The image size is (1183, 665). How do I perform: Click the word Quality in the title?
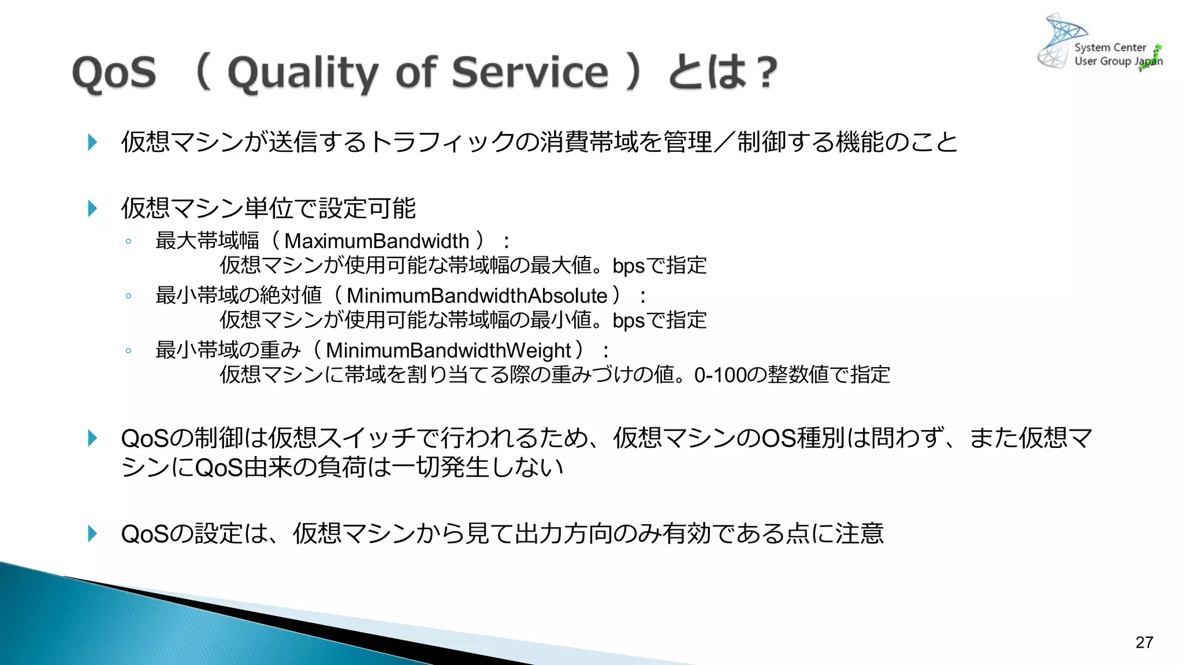coord(303,73)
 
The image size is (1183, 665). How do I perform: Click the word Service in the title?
coord(530,73)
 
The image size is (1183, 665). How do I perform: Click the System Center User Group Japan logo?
coord(1100,44)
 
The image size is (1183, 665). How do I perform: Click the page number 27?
coord(1144,642)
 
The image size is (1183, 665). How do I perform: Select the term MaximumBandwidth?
coord(377,241)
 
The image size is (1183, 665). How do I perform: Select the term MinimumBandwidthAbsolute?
coord(477,296)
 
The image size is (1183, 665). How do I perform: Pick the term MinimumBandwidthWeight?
coord(448,350)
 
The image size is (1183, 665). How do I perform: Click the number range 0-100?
coord(720,375)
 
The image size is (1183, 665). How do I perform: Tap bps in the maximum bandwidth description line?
coord(628,266)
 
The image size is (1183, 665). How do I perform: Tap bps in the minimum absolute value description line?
coord(628,320)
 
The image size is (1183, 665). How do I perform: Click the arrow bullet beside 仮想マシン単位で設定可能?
coord(92,208)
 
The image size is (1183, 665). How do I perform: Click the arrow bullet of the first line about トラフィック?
coord(92,142)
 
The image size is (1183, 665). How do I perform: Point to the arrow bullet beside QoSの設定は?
coord(92,533)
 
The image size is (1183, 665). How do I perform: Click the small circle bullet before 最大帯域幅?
coord(128,241)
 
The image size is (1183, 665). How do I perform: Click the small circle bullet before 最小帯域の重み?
coord(128,350)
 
